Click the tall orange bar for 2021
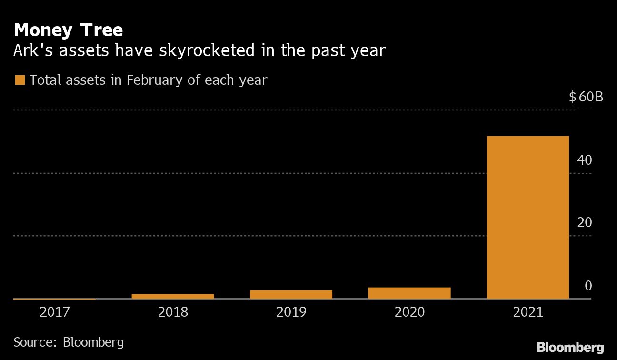coord(527,217)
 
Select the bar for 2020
coord(409,293)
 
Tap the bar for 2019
coord(291,294)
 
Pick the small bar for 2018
coord(173,296)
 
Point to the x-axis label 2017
coord(55,312)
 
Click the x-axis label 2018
coord(173,312)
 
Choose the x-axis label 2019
coord(291,312)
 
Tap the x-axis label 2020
coord(409,312)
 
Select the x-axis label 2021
coord(527,312)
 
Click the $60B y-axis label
coord(586,98)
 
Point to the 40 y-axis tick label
coord(584,160)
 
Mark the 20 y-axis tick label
coord(584,222)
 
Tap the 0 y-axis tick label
coord(588,286)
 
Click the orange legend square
coord(20,80)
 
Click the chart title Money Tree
coord(69,30)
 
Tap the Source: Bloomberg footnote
coord(69,342)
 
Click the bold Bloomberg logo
coord(570,347)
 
